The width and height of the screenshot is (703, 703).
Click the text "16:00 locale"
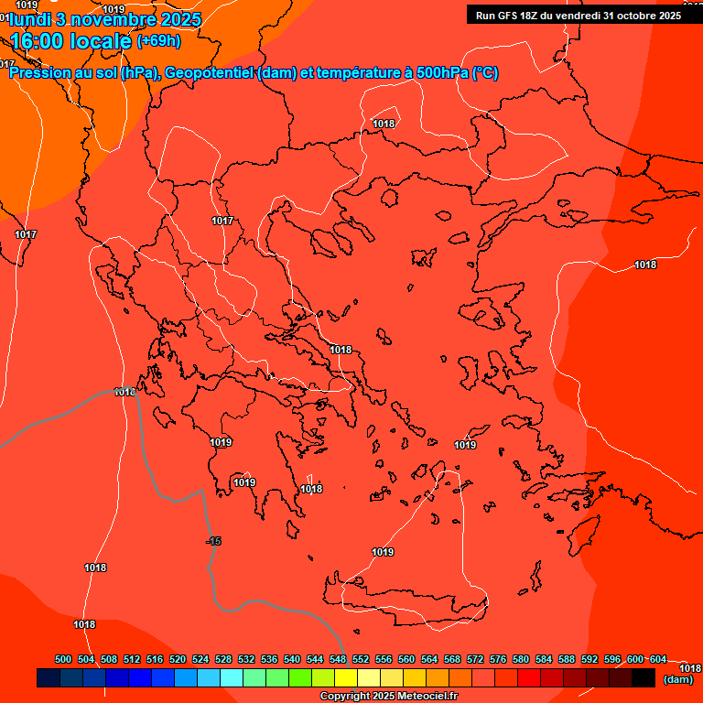pyautogui.click(x=70, y=40)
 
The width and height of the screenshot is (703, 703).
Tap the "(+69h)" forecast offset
pyautogui.click(x=158, y=40)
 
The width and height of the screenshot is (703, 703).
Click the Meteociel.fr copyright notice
pyautogui.click(x=389, y=696)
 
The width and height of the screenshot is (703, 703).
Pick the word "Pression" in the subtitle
pyautogui.click(x=38, y=73)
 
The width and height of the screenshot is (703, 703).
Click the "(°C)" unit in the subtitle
pyautogui.click(x=485, y=73)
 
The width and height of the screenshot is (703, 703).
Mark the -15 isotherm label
pyautogui.click(x=213, y=542)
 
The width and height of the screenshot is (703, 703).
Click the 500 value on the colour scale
pyautogui.click(x=63, y=659)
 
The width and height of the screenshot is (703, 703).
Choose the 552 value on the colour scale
pyautogui.click(x=361, y=659)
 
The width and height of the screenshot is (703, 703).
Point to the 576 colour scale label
pyautogui.click(x=498, y=659)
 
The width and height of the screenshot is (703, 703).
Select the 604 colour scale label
pyautogui.click(x=657, y=659)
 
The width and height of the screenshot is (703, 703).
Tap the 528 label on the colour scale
pyautogui.click(x=223, y=659)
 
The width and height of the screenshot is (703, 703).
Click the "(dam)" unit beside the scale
pyautogui.click(x=677, y=679)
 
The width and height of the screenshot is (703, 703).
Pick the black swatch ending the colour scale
pyautogui.click(x=643, y=678)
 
